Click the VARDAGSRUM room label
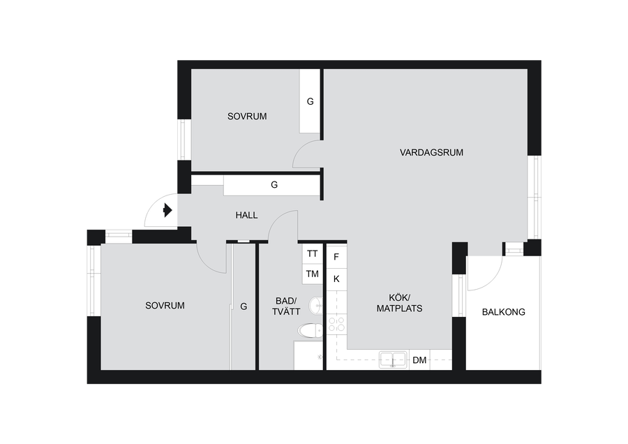pyautogui.click(x=431, y=153)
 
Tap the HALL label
pyautogui.click(x=246, y=216)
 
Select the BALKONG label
pyautogui.click(x=503, y=312)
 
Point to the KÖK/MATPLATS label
pyautogui.click(x=399, y=303)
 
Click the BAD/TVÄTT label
pyautogui.click(x=286, y=306)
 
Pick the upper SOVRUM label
pyautogui.click(x=247, y=117)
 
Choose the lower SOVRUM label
pyautogui.click(x=165, y=306)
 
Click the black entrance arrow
pyautogui.click(x=167, y=210)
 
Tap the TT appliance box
pyautogui.click(x=313, y=253)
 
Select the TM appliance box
pyautogui.click(x=313, y=274)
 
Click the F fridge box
pyautogui.click(x=336, y=257)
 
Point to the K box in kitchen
pyautogui.click(x=336, y=279)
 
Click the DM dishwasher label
pyautogui.click(x=419, y=360)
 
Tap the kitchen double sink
pyautogui.click(x=393, y=360)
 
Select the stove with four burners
pyautogui.click(x=336, y=324)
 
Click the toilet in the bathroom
pyautogui.click(x=311, y=331)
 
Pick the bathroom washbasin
pyautogui.click(x=316, y=306)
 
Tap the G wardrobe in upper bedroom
pyautogui.click(x=310, y=101)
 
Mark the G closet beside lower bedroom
pyautogui.click(x=244, y=306)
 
